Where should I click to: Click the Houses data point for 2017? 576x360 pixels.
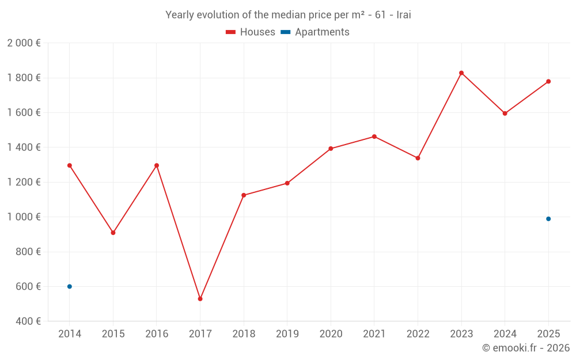pos(200,299)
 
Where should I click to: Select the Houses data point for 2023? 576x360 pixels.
pos(461,73)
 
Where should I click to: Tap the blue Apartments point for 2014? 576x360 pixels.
pos(70,286)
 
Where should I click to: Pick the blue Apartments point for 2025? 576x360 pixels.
pos(548,219)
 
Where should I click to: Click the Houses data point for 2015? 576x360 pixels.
pos(113,233)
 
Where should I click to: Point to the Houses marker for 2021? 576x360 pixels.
pos(374,137)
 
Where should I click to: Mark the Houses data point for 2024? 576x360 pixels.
pos(505,113)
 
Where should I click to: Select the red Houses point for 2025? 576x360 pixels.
pos(548,81)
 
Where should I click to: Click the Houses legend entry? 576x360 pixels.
pos(251,32)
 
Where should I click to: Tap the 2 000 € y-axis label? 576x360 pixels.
pos(24,43)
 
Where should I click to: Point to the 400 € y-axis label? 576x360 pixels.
pos(28,321)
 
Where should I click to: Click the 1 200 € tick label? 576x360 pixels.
pos(24,182)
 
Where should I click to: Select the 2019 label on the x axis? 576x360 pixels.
pos(287,334)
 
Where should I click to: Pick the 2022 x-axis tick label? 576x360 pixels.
pos(418,334)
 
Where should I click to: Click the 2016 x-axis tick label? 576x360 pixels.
pos(157,334)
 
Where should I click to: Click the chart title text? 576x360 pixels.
pos(288,15)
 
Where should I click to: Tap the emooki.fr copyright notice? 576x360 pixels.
pos(525,348)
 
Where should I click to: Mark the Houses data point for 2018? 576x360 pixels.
pos(244,195)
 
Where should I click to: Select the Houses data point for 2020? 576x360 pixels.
pos(331,149)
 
